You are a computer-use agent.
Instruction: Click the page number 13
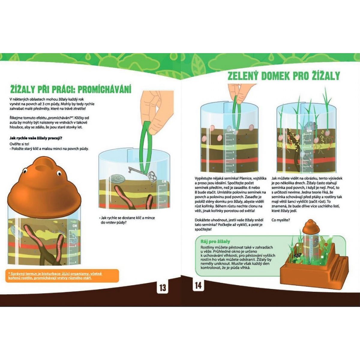[x=163, y=288]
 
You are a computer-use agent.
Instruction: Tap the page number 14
[x=198, y=286]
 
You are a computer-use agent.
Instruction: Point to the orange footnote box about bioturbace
[x=62, y=276]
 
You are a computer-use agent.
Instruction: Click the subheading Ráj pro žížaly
[x=215, y=241]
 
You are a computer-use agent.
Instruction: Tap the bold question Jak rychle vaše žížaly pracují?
[x=36, y=138]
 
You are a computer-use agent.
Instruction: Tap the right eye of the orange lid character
[x=59, y=173]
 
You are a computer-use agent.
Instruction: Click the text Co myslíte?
[x=280, y=220]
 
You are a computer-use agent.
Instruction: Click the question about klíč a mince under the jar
[x=127, y=220]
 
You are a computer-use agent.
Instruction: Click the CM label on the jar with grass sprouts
[x=309, y=130]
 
